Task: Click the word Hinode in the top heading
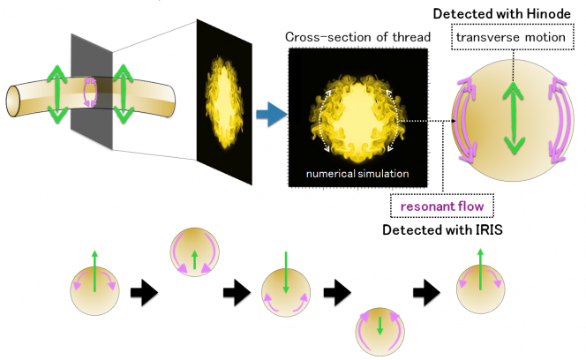point(549,14)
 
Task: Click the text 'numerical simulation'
point(357,173)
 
